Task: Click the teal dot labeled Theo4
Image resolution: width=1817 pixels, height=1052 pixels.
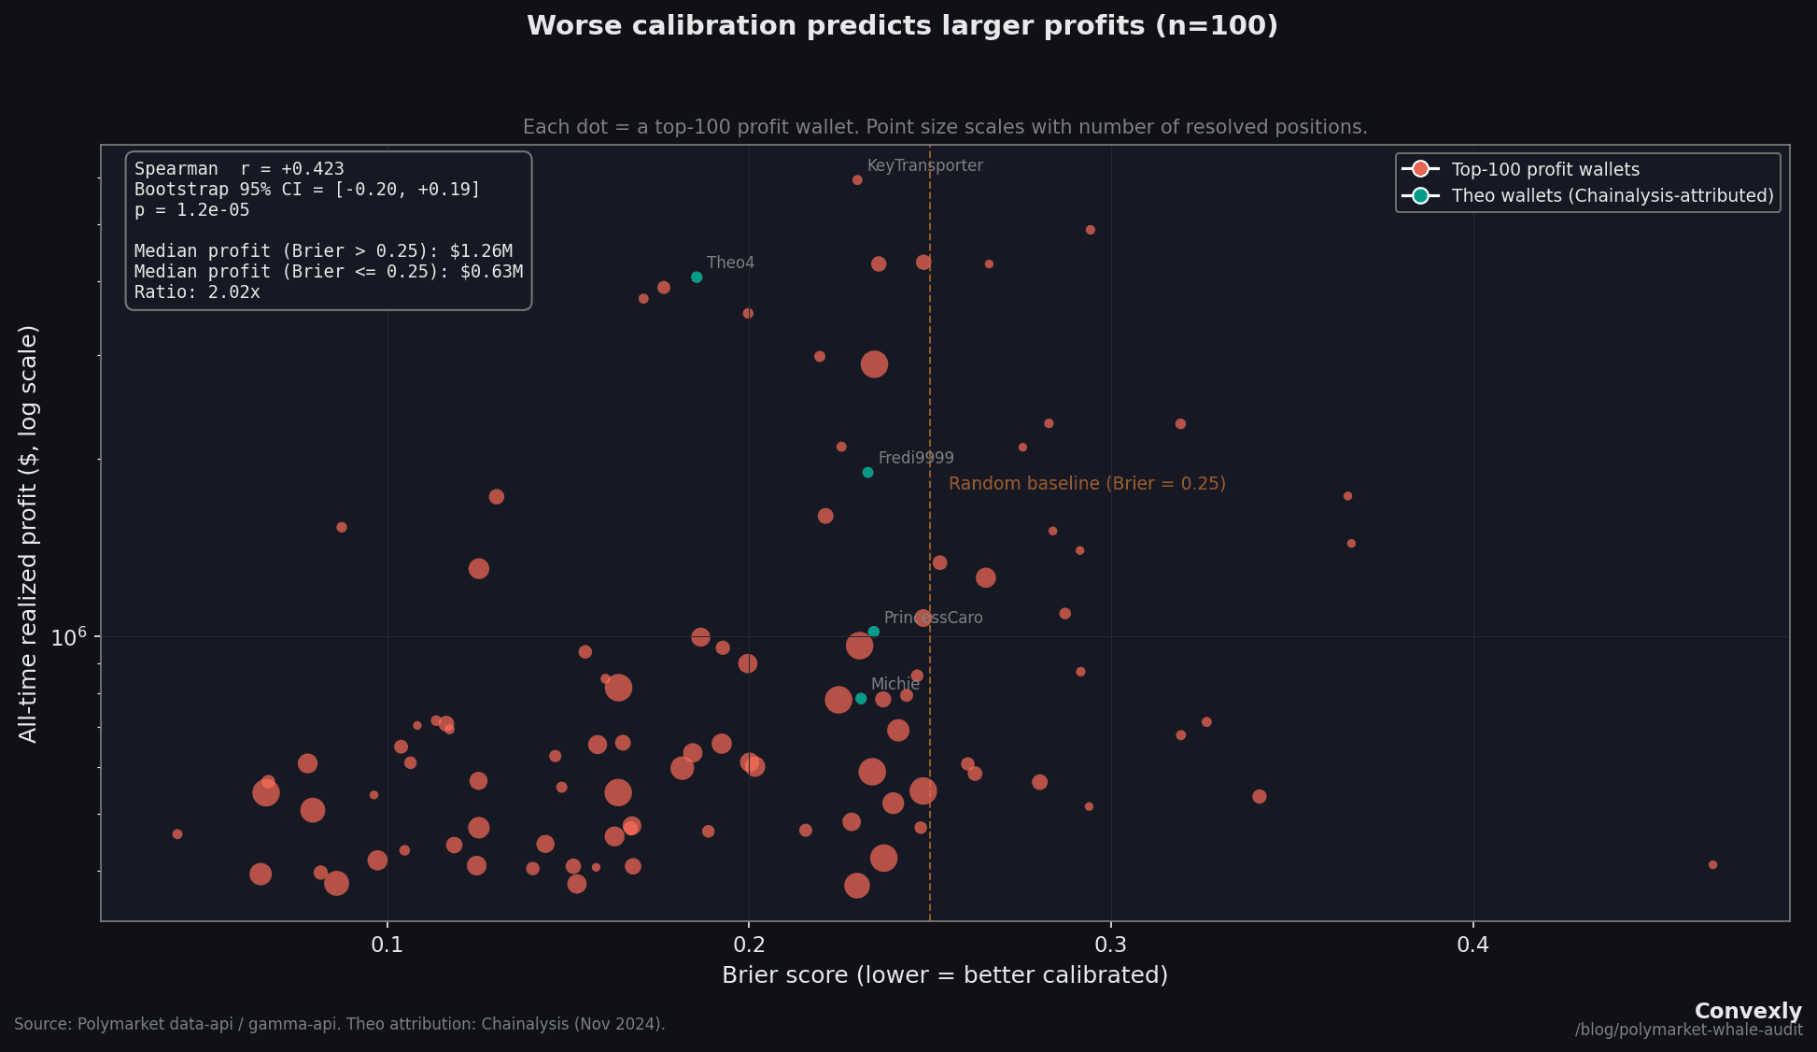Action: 697,277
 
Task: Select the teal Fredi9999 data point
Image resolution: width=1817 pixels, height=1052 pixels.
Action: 867,473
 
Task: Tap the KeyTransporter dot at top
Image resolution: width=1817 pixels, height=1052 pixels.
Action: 857,180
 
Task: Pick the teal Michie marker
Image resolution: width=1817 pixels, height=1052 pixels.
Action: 861,699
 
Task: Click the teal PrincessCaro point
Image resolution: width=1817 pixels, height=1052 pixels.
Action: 874,632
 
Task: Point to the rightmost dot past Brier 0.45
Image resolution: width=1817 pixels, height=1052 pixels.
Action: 1712,865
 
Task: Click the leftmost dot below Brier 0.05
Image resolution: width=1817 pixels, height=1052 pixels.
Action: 177,834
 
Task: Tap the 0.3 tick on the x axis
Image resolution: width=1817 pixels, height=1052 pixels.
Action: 1111,945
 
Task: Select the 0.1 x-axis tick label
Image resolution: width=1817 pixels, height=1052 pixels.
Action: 387,945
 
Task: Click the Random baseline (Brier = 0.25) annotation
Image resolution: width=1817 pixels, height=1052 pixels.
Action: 1087,484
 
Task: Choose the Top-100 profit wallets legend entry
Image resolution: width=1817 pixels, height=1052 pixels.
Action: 1544,169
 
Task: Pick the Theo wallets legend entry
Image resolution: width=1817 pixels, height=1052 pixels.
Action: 1612,195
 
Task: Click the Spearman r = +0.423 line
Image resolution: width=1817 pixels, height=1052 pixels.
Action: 239,169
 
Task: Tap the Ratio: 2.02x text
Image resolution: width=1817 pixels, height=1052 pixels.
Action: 197,292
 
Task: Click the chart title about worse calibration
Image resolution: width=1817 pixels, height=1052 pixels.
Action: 902,26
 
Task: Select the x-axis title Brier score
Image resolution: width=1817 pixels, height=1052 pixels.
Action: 945,975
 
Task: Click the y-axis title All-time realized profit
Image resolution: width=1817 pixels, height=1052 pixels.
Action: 28,533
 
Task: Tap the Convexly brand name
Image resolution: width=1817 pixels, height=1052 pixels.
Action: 1748,1011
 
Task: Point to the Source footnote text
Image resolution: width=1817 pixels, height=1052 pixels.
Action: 340,1024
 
